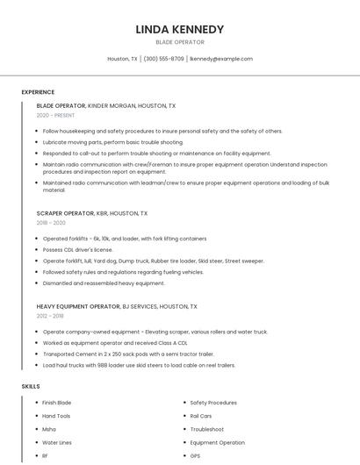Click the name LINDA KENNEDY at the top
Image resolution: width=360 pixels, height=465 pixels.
(x=180, y=29)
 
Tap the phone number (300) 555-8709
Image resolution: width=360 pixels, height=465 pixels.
(x=163, y=59)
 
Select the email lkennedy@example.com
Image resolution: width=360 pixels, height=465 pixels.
(x=221, y=59)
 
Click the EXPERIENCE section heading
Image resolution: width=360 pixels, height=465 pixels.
(x=38, y=92)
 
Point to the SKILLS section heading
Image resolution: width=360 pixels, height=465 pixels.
(x=31, y=386)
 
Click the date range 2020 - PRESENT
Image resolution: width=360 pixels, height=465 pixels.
(x=56, y=115)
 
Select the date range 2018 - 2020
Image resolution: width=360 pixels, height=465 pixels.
(x=51, y=223)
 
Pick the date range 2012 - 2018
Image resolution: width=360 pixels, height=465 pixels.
(x=50, y=316)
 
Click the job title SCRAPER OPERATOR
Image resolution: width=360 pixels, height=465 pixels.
(x=65, y=213)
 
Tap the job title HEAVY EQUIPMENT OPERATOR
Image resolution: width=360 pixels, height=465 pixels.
(x=78, y=306)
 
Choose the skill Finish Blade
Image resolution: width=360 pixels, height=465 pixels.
(x=57, y=403)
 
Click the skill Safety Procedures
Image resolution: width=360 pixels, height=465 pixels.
(x=213, y=403)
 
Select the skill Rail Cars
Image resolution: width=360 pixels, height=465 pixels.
(x=201, y=416)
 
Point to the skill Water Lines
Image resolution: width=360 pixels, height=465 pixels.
(x=57, y=443)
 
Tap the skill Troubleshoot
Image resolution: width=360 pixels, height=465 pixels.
(x=207, y=429)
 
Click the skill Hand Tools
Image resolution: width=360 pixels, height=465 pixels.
(x=56, y=416)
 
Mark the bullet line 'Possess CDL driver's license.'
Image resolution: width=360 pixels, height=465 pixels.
(x=78, y=249)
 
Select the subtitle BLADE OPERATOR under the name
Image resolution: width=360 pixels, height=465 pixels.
(x=180, y=42)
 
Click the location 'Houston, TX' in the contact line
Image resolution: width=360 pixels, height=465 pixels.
(x=122, y=59)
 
